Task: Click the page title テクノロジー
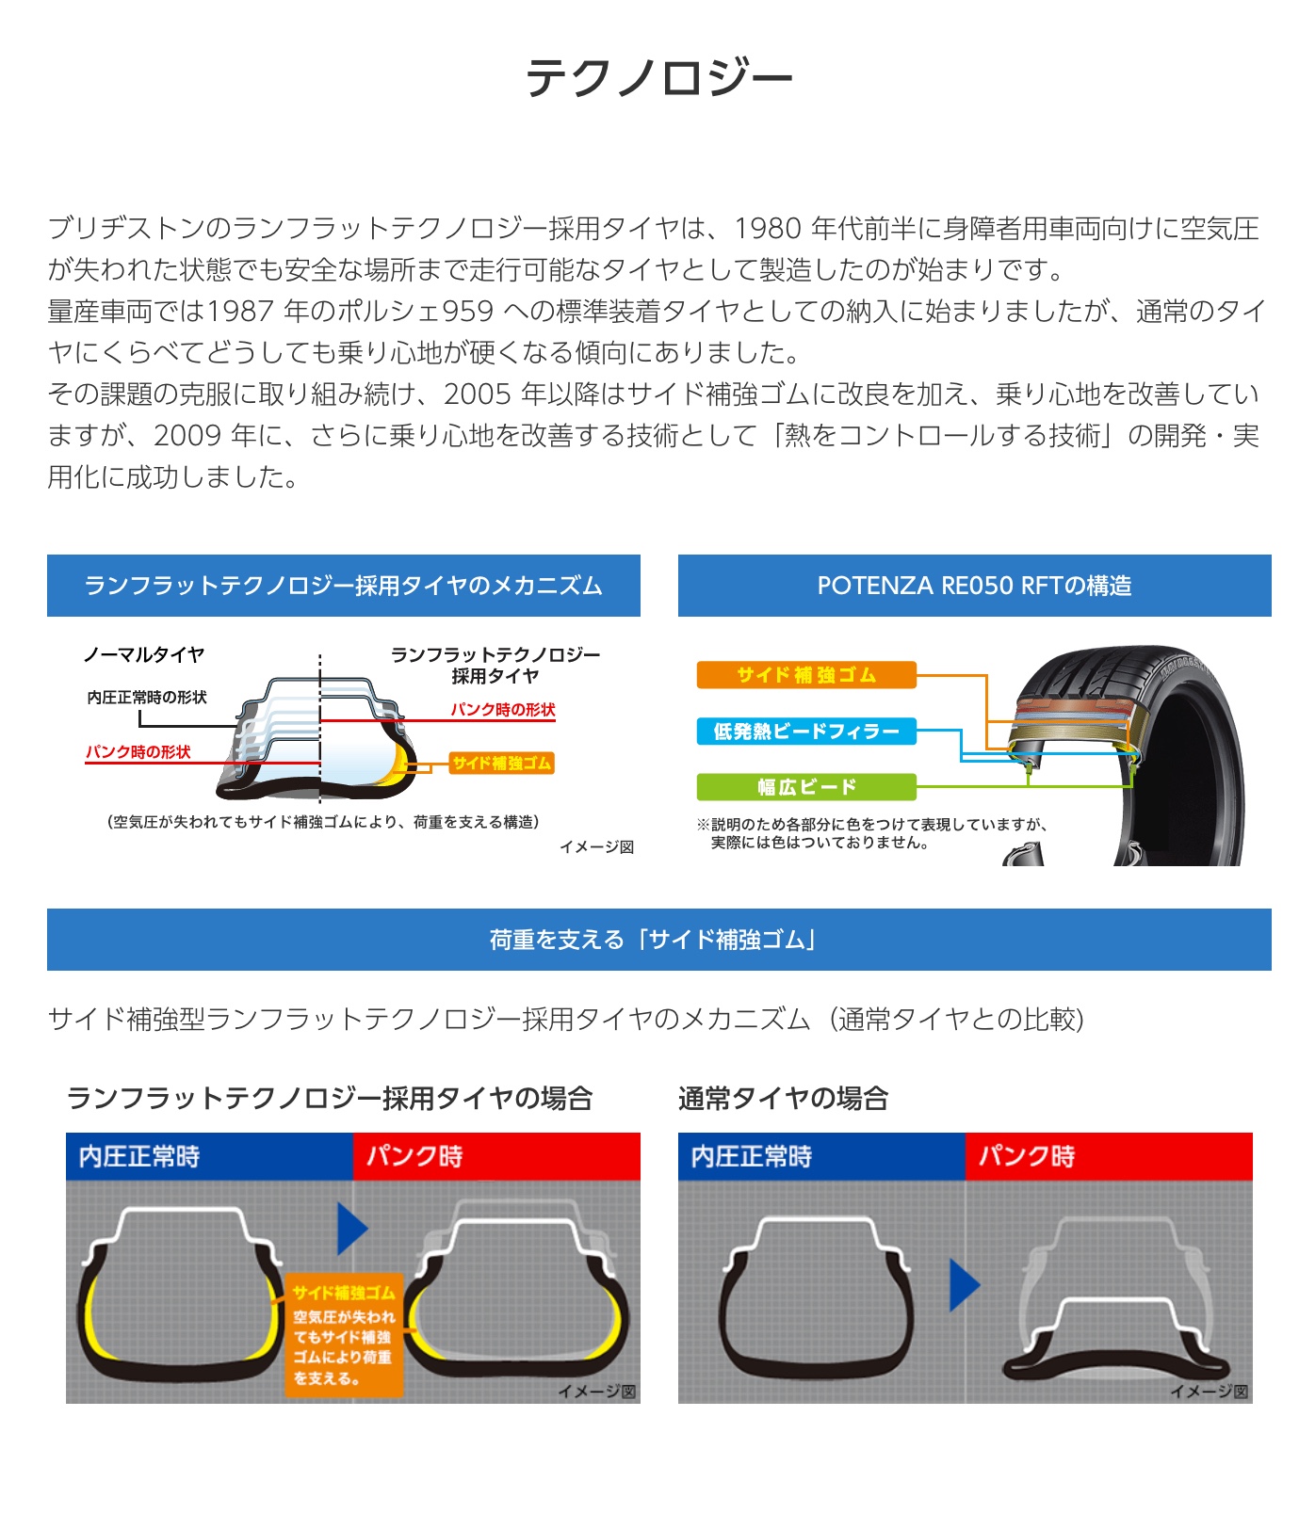point(658,77)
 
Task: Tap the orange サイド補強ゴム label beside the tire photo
point(806,675)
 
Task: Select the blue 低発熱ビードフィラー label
point(806,732)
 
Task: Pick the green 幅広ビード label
point(806,787)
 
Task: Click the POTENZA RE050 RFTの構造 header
point(975,586)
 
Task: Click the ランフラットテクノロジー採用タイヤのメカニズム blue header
point(344,586)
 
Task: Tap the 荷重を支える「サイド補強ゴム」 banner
point(659,940)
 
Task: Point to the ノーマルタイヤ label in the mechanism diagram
point(144,654)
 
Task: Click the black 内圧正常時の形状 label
point(147,698)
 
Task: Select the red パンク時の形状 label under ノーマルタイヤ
point(138,752)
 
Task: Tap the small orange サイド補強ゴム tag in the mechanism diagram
point(501,764)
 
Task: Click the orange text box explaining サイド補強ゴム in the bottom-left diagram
point(344,1336)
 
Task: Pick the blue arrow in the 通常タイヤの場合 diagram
point(965,1285)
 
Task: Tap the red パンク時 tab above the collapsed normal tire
point(1109,1156)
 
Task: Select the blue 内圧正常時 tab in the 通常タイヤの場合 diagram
point(821,1156)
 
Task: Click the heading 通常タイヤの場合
point(783,1099)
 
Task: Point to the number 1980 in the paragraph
point(768,229)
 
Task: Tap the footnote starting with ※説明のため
point(872,833)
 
